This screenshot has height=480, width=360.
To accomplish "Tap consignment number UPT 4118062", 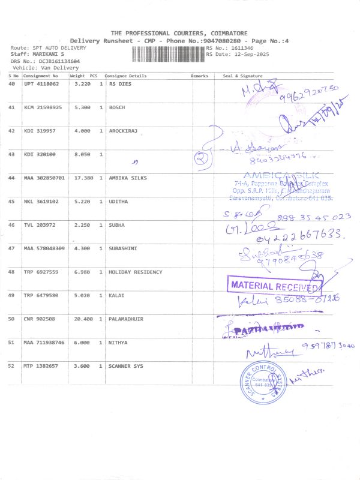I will (x=41, y=84).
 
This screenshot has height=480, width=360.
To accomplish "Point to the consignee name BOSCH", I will (x=116, y=107).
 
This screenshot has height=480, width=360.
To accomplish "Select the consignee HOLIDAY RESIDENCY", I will (x=135, y=272).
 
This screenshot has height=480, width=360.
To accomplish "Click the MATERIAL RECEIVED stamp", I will (x=274, y=286).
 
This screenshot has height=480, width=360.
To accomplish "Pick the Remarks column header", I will (x=199, y=76).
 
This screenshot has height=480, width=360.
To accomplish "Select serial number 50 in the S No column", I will (x=11, y=319).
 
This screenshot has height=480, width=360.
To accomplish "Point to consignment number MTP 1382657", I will (x=41, y=365).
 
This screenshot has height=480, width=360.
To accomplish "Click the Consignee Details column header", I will (x=126, y=76).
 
